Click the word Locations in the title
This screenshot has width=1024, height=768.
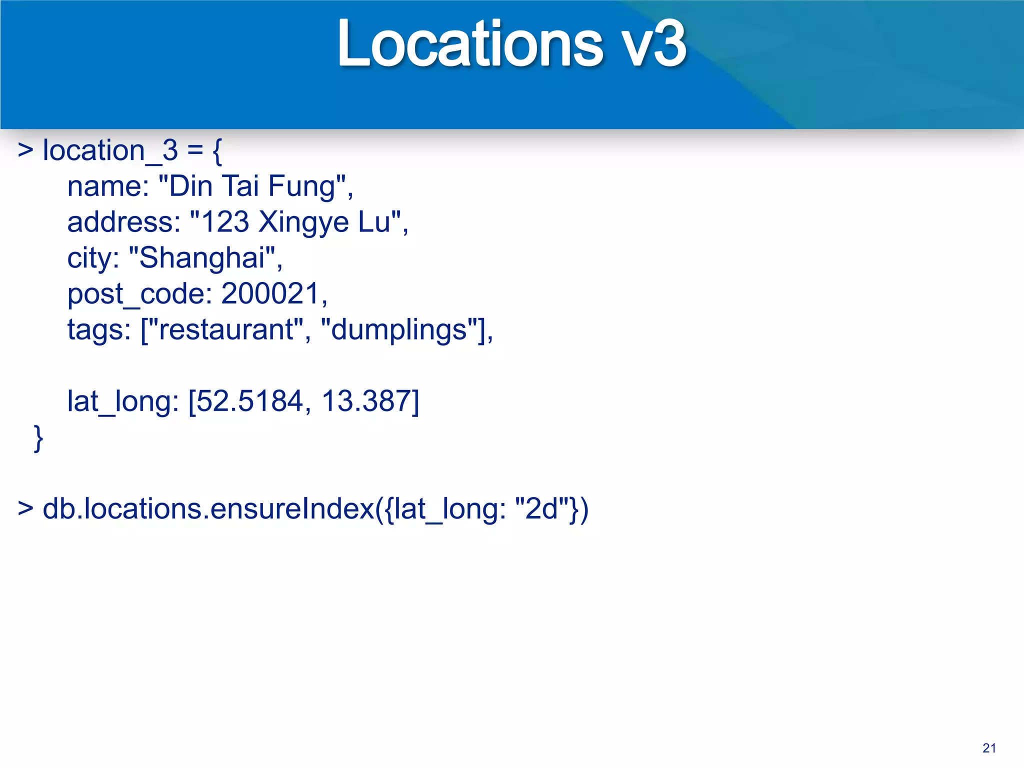click(470, 44)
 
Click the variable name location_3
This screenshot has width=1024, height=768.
click(110, 150)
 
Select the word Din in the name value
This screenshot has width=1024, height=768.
click(190, 186)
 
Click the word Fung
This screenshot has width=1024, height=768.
click(301, 187)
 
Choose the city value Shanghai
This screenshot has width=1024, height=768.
click(201, 258)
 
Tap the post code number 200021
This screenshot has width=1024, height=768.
click(270, 293)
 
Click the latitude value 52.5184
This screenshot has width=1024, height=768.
click(249, 401)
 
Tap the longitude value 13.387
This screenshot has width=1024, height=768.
click(365, 401)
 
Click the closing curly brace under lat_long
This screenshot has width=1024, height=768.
click(38, 438)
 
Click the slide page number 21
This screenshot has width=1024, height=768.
click(989, 748)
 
